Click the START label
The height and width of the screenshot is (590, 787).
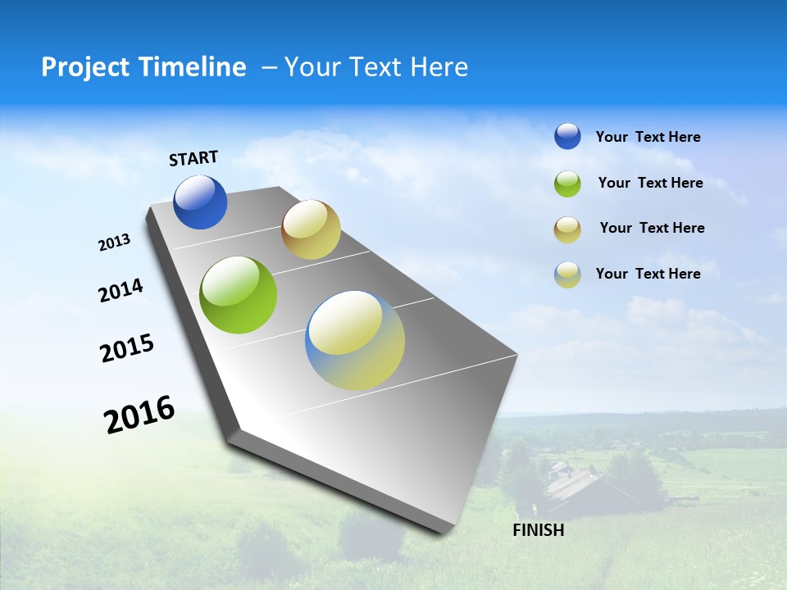click(x=193, y=158)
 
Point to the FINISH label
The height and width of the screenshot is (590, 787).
click(x=538, y=530)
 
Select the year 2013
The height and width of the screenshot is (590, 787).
click(x=114, y=243)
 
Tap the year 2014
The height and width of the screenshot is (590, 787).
click(x=121, y=290)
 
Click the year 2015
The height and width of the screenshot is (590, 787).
click(x=127, y=348)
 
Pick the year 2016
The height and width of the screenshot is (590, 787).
click(x=139, y=415)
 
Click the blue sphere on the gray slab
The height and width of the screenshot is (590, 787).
click(x=200, y=202)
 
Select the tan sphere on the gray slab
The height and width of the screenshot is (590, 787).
click(x=311, y=229)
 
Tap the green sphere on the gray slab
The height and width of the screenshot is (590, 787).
click(x=239, y=295)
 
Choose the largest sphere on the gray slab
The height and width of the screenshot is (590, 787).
click(x=355, y=340)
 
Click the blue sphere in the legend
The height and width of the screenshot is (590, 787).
click(x=567, y=136)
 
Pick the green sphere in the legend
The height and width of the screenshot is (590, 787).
click(x=567, y=184)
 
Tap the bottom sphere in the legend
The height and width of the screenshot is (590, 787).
click(x=567, y=275)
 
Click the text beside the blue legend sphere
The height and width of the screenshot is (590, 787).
click(x=648, y=138)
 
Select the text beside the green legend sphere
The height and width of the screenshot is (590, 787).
click(x=650, y=183)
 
